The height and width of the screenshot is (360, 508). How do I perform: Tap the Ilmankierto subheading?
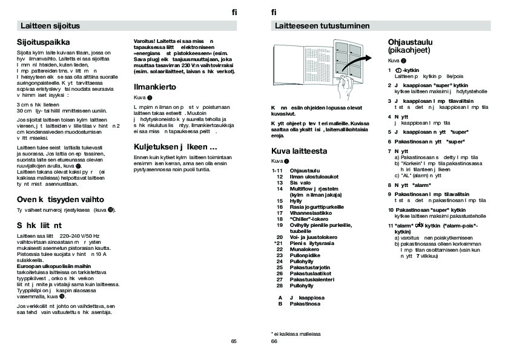coord(155,87)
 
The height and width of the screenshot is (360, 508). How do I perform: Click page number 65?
coord(234,341)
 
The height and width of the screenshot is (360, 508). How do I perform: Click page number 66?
coord(274,341)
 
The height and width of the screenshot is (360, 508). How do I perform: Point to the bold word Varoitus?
coord(145,41)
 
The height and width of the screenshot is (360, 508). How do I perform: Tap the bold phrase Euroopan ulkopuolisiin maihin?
coord(54,266)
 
